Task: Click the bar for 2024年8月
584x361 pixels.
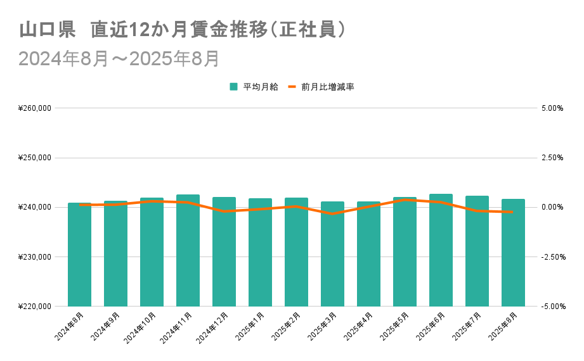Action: tap(79, 255)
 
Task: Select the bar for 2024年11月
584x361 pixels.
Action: tap(188, 250)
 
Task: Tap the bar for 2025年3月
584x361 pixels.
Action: tap(332, 254)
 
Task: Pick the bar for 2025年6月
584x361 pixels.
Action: tap(441, 250)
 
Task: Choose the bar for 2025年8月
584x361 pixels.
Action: tap(513, 253)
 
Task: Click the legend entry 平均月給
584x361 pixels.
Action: tap(254, 87)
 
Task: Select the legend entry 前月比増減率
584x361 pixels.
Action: tap(321, 87)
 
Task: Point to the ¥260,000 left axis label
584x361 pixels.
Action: tap(36, 108)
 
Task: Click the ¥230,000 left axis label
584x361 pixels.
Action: tap(36, 257)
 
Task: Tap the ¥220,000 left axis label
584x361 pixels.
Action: tap(36, 307)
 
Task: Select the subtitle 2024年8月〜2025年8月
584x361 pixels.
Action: tap(119, 58)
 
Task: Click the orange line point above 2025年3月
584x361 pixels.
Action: tap(332, 214)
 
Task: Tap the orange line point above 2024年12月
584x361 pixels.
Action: tap(224, 211)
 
